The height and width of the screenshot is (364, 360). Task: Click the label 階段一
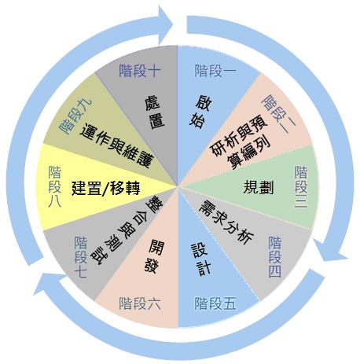(215, 71)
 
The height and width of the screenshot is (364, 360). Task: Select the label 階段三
(301, 186)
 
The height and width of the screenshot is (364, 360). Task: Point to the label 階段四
(274, 257)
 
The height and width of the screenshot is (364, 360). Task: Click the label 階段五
(215, 303)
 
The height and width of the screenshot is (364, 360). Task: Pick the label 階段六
(140, 303)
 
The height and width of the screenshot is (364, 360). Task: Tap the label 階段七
(81, 257)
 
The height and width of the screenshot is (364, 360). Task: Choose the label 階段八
(55, 186)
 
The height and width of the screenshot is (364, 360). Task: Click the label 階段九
(75, 116)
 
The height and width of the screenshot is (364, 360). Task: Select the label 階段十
(140, 71)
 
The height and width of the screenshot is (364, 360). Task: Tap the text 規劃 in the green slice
(259, 187)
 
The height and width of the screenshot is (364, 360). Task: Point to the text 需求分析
(226, 222)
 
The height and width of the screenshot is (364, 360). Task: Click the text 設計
(200, 259)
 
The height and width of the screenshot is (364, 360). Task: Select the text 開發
(154, 256)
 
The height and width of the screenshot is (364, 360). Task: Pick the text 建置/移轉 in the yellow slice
(106, 188)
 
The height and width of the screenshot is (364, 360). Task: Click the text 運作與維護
(116, 145)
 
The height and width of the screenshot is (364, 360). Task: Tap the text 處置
(155, 112)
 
